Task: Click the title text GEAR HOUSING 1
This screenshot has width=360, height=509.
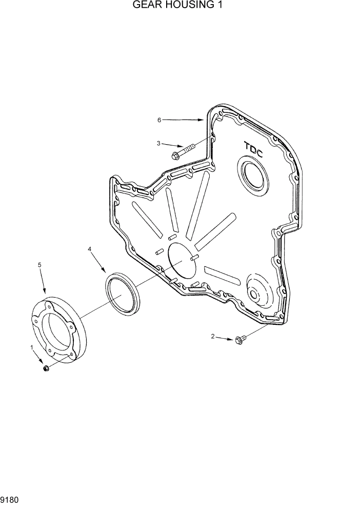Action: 179,6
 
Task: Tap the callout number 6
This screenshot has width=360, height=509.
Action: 159,120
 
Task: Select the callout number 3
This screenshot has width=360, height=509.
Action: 159,143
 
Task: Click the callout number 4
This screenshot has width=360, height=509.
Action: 90,249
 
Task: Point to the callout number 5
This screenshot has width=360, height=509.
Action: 39,265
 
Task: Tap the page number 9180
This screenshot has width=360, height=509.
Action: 10,500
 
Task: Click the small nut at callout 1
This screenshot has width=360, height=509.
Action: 47,368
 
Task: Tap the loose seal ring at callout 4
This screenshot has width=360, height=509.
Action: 123,293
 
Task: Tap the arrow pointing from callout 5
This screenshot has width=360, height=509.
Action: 44,282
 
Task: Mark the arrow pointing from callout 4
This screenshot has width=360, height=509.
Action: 98,262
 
